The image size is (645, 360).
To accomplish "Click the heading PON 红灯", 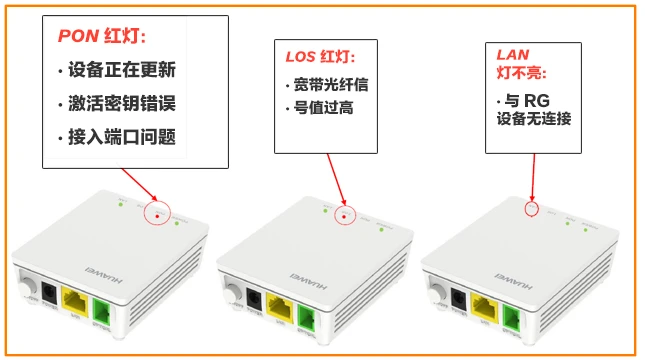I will pos(101,37).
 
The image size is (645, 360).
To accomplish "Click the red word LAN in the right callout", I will pos(515,53).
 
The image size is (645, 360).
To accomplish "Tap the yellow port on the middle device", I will pos(283,306).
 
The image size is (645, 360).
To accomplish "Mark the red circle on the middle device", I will pos(343,215).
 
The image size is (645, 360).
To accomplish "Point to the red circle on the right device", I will pos(531,209).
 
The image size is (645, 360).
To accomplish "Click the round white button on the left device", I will pos(23,291).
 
